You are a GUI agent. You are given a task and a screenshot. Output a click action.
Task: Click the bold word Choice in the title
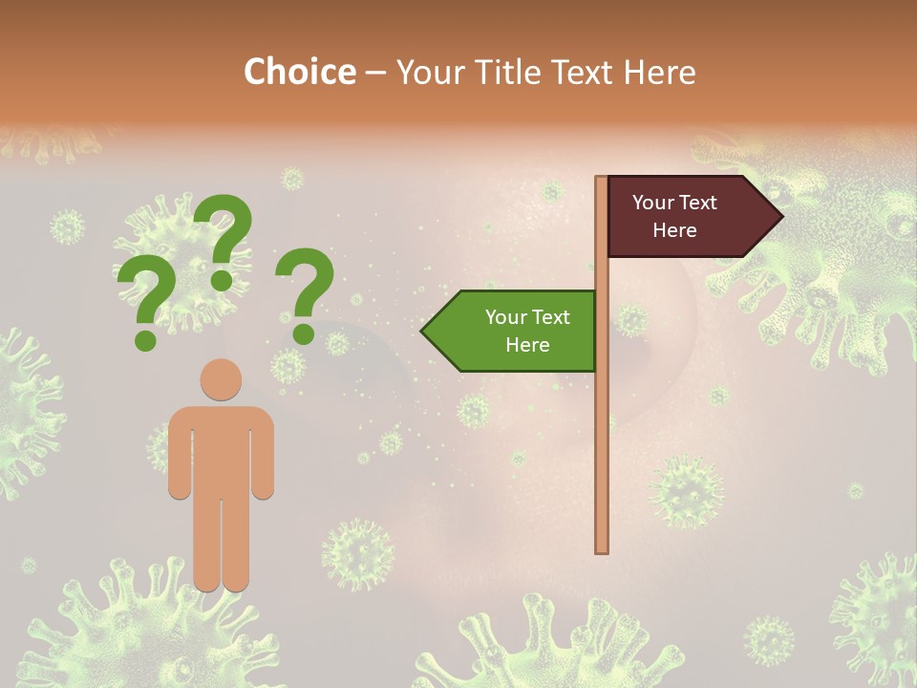coord(299,72)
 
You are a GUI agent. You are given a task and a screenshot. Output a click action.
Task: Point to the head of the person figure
coord(221,379)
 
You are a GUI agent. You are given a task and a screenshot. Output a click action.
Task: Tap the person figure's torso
coord(221,449)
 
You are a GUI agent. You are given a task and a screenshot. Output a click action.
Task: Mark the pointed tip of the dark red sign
coord(780,217)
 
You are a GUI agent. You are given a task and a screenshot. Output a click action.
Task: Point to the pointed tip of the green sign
coord(423,331)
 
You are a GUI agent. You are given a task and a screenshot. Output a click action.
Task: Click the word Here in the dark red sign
coord(674,230)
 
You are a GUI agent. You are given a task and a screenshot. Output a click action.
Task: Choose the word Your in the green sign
coord(504,317)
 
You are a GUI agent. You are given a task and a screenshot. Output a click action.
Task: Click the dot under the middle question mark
coord(222,280)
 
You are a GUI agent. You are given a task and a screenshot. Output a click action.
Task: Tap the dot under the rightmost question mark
coord(303,333)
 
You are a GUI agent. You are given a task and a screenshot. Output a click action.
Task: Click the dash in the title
coord(375,74)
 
